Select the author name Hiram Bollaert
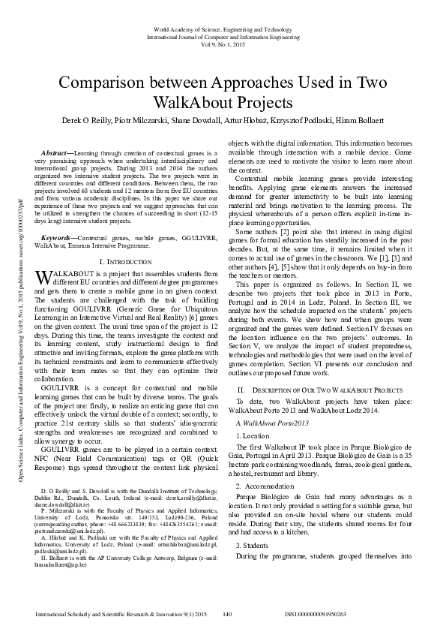(x=383, y=121)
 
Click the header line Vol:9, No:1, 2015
(x=223, y=45)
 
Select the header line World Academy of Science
(x=223, y=28)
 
